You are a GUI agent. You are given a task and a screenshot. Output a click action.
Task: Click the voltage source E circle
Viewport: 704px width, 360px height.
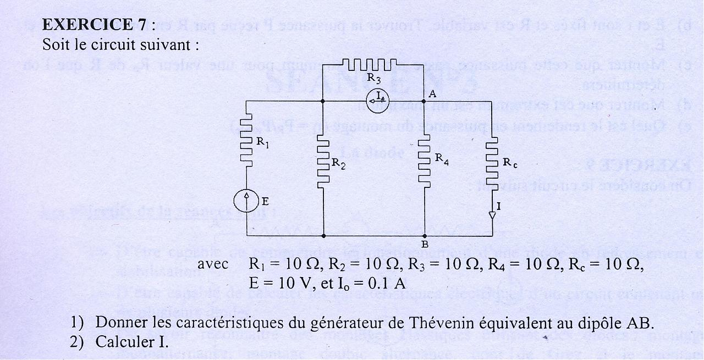point(246,201)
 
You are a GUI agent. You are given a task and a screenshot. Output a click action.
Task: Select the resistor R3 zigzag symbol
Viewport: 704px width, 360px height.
point(373,65)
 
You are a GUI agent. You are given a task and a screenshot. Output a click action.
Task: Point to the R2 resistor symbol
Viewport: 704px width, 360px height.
point(323,162)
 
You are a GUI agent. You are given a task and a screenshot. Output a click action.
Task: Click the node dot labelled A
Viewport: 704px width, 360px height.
point(425,102)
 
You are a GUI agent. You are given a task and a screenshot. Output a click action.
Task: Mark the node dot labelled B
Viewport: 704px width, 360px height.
point(425,235)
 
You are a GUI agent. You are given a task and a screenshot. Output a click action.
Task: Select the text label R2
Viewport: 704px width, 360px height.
point(338,163)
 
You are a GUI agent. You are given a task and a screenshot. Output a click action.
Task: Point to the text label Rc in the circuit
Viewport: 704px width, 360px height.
point(510,163)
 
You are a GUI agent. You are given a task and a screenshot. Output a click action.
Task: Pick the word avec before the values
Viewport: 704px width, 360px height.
point(213,264)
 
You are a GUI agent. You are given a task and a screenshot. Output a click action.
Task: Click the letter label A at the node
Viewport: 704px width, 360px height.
point(432,94)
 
